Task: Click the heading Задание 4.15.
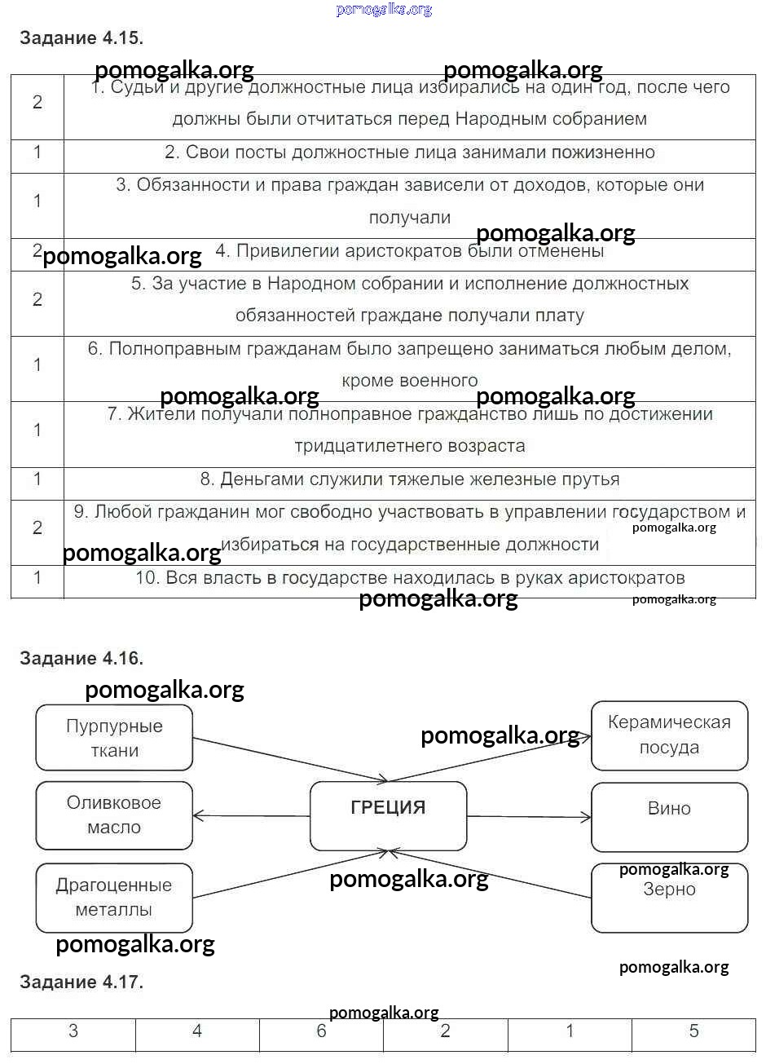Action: [x=81, y=38]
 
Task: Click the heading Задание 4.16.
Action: [x=81, y=658]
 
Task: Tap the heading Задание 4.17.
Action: [x=81, y=982]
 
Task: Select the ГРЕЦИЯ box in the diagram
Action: [x=388, y=816]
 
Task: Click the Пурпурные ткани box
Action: [x=114, y=738]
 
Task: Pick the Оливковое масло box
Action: [x=114, y=815]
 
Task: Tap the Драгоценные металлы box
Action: [x=114, y=898]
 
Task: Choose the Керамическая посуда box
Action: [x=669, y=735]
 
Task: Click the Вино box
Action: [x=669, y=817]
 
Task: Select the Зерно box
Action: [x=669, y=898]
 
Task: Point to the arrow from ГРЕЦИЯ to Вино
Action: [x=529, y=816]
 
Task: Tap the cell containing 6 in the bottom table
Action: [x=321, y=1032]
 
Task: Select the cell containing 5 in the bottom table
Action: [x=693, y=1032]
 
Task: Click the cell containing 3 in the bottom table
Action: [x=73, y=1032]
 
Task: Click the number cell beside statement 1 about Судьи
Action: [x=37, y=103]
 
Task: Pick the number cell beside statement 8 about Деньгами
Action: [x=37, y=479]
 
